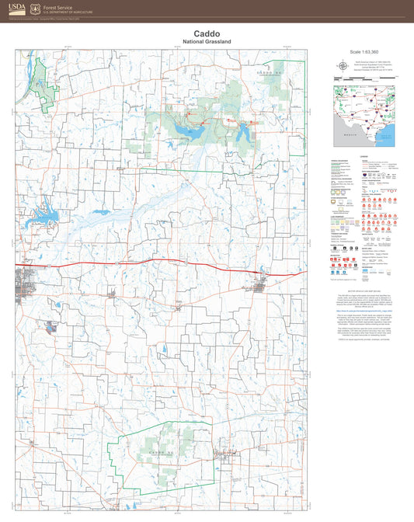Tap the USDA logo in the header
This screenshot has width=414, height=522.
[14, 9]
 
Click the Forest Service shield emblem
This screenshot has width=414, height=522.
[34, 9]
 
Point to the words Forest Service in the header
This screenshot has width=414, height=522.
[63, 6]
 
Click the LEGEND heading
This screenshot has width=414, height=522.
[364, 156]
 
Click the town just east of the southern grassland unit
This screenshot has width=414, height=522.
[226, 453]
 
